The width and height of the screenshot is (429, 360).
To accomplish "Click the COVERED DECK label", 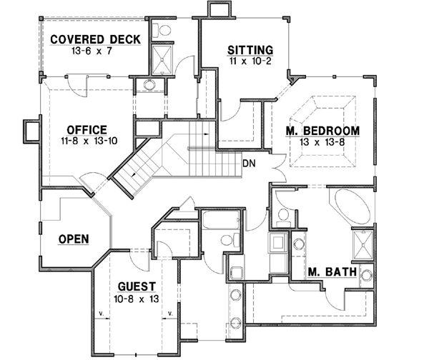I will click(96, 39).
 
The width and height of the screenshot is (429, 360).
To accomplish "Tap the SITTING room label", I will click(250, 50).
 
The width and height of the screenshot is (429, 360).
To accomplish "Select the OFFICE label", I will click(87, 129).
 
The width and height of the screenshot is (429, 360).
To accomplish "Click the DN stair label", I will click(249, 164).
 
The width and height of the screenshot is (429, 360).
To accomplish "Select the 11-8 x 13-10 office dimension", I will click(87, 141).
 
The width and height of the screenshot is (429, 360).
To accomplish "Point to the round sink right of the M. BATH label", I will click(365, 276).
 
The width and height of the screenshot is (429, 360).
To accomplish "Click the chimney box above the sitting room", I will click(216, 10).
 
